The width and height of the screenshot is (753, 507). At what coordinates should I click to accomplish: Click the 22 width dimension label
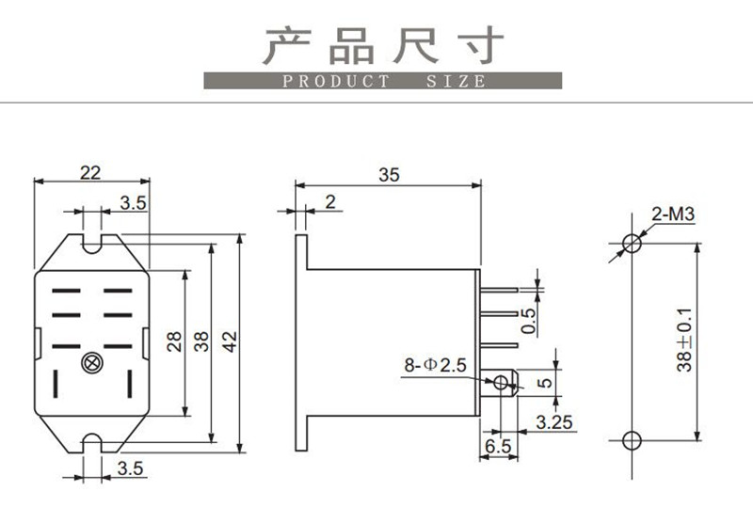tap(90, 172)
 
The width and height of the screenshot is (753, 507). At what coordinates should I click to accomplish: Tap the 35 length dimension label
tap(389, 175)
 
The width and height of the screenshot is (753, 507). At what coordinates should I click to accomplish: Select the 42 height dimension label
tap(230, 341)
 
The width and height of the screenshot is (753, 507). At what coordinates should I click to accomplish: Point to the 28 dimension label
tap(174, 341)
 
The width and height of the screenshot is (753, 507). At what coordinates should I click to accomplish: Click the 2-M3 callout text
tap(673, 214)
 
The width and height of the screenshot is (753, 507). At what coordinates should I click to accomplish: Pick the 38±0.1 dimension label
tap(684, 340)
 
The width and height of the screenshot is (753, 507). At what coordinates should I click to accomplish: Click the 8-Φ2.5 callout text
tap(435, 365)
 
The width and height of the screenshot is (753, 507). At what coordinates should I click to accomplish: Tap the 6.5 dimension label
tap(498, 446)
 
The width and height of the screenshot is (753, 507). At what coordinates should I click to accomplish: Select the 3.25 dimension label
tap(554, 422)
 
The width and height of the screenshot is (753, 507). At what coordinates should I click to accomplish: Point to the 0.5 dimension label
tap(528, 320)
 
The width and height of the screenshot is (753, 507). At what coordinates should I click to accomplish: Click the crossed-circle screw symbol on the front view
tap(92, 363)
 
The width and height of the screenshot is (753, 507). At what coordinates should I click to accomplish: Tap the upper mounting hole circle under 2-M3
tap(632, 243)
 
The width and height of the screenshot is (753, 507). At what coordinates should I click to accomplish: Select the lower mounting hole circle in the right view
tap(632, 440)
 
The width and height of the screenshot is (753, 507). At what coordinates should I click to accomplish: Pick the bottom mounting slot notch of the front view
tap(92, 443)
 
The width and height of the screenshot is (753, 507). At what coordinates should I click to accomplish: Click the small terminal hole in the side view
tap(501, 383)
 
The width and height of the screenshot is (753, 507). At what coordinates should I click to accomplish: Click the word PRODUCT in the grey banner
tap(336, 81)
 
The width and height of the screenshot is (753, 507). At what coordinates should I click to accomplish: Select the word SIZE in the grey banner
tap(456, 81)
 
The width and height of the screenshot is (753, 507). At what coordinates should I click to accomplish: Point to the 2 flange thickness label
tap(330, 202)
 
